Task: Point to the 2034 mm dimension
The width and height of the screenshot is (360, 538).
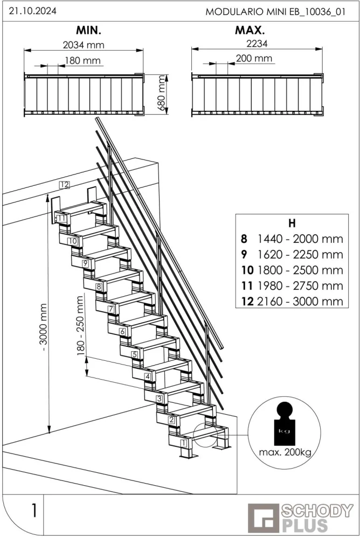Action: tap(83, 45)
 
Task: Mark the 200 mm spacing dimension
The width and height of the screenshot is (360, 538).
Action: tap(254, 59)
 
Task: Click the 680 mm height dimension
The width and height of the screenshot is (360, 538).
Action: tap(161, 93)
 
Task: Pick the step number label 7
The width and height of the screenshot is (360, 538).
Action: tap(110, 310)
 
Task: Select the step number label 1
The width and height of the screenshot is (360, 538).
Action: tap(183, 443)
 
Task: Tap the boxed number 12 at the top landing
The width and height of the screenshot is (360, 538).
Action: tap(65, 185)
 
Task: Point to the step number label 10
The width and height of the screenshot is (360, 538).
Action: tap(73, 241)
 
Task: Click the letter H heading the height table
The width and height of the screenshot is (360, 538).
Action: tap(292, 222)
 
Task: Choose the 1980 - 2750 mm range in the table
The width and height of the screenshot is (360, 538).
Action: tap(300, 285)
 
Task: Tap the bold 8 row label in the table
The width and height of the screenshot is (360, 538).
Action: tap(245, 239)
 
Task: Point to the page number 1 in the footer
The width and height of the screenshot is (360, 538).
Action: tap(33, 510)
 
